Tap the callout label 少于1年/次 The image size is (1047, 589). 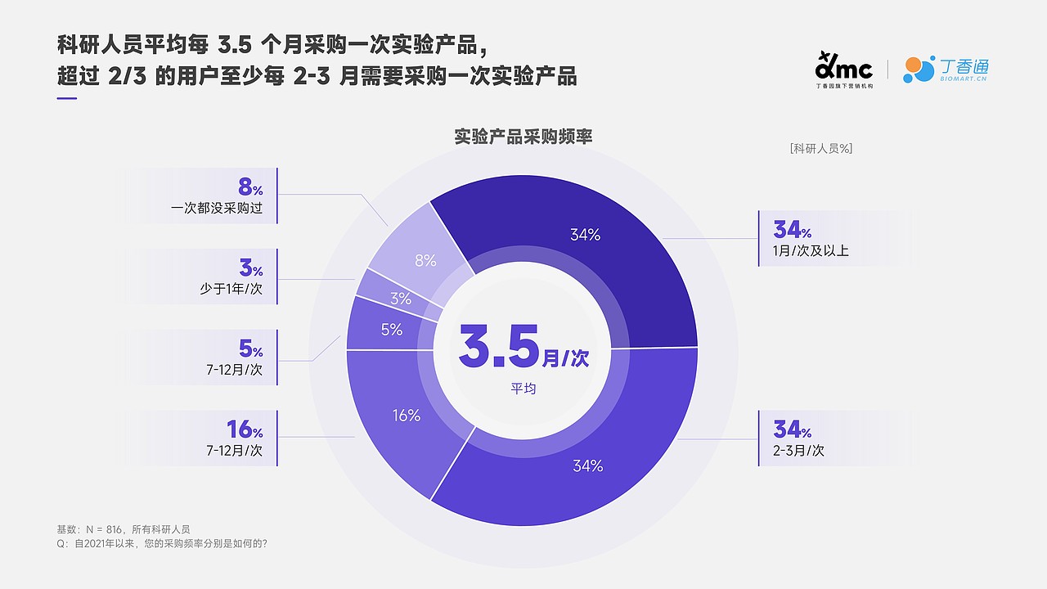pyautogui.click(x=231, y=289)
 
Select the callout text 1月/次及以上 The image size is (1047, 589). pyautogui.click(x=811, y=250)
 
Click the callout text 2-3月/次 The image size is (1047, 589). pyautogui.click(x=798, y=451)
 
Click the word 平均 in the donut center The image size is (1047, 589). pyautogui.click(x=523, y=389)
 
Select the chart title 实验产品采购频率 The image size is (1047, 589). pyautogui.click(x=523, y=137)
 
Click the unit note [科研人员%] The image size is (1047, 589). pyautogui.click(x=821, y=148)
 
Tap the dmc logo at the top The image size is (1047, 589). pyautogui.click(x=844, y=69)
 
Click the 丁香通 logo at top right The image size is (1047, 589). pyautogui.click(x=946, y=70)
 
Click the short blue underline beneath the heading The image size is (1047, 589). pyautogui.click(x=67, y=100)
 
